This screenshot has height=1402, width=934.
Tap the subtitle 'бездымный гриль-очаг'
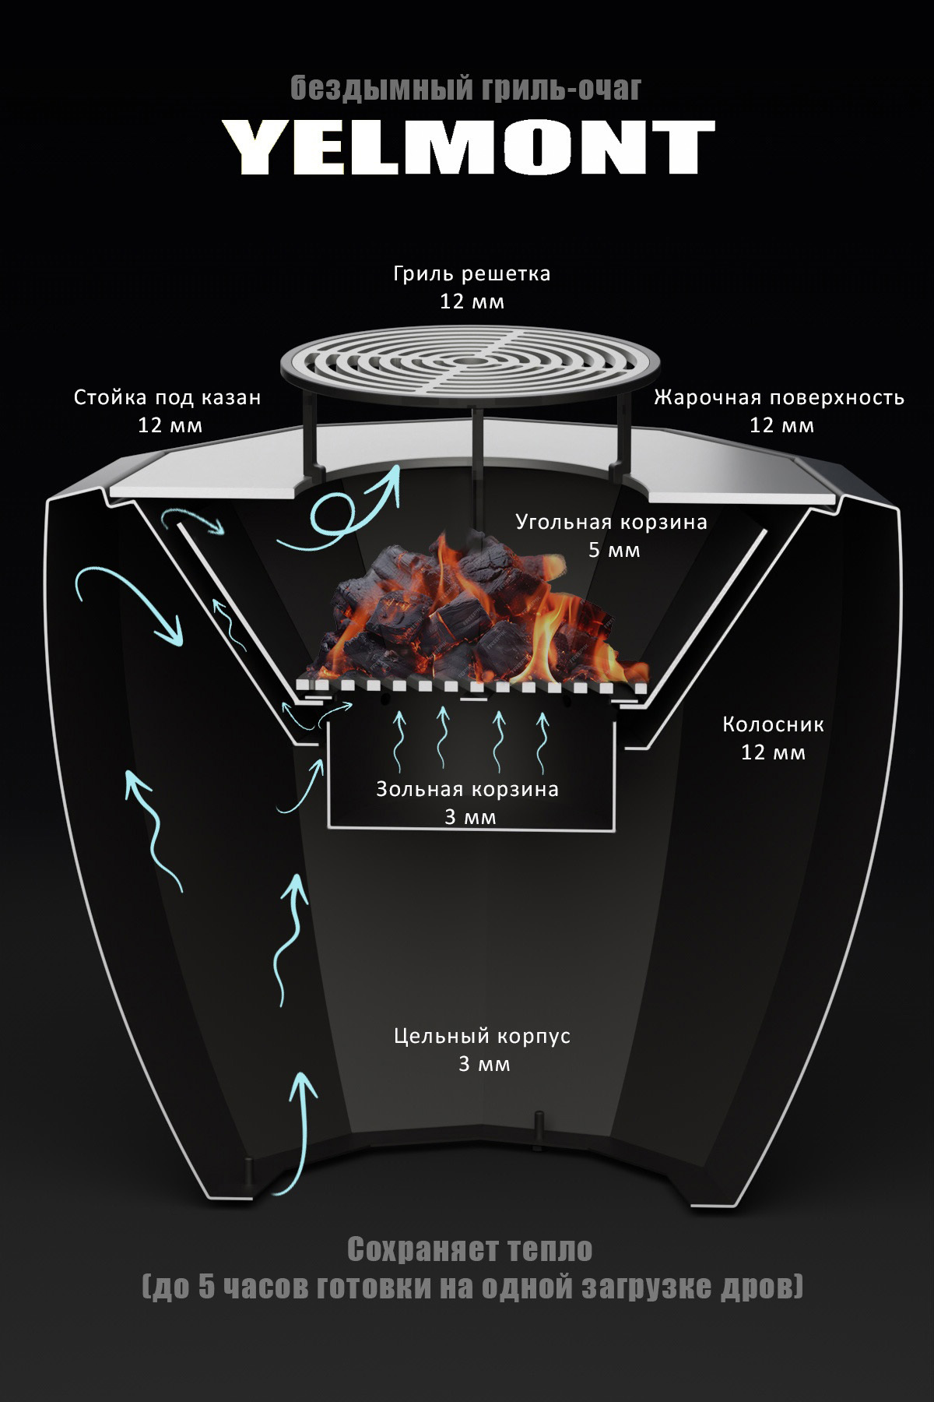[x=466, y=89]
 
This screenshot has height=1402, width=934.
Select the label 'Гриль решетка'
[x=472, y=274]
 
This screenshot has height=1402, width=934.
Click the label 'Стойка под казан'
[x=167, y=398]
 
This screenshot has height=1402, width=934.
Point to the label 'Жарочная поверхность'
[x=779, y=398]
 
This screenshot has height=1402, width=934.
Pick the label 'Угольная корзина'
[x=612, y=522]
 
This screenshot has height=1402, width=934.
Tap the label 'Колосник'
[x=773, y=725]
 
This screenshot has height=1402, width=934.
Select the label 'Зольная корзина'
[x=468, y=789]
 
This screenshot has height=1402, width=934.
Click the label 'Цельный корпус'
[x=483, y=1037]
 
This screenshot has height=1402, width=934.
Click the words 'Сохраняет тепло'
[x=469, y=1249]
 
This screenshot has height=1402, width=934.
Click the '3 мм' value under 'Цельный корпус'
[x=484, y=1064]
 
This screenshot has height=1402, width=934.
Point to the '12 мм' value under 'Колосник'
[x=773, y=753]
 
